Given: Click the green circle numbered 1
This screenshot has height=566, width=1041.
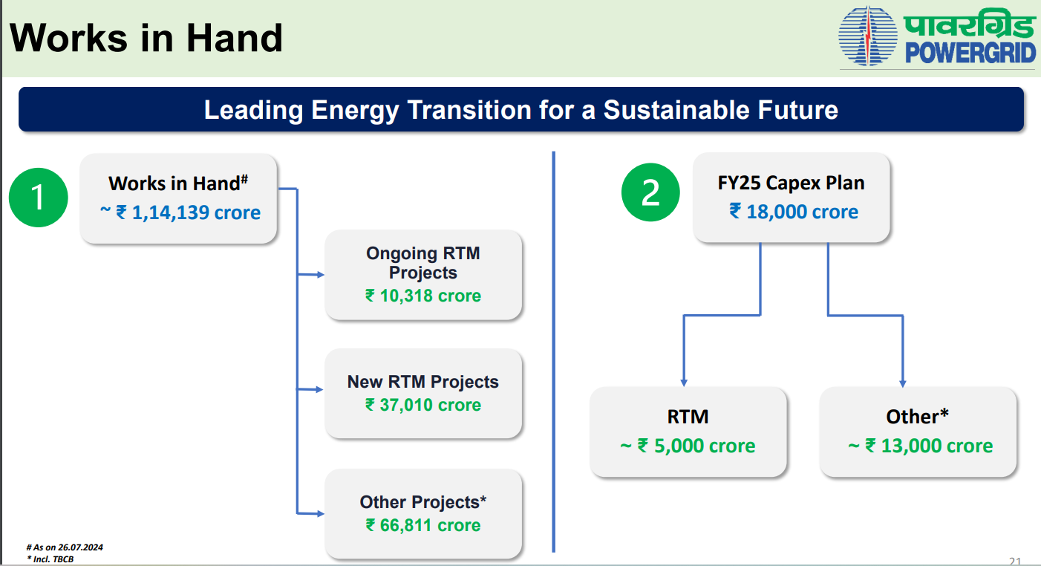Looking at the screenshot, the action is tap(39, 198).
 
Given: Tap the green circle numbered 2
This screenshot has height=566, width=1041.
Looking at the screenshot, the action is tap(650, 192).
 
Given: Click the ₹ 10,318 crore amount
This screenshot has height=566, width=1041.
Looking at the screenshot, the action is tap(423, 296).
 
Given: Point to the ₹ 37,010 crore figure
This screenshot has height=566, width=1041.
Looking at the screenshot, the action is tap(423, 405).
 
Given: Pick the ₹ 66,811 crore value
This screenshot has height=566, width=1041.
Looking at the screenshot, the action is tap(423, 526).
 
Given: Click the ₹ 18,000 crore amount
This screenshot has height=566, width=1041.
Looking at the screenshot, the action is tap(794, 212).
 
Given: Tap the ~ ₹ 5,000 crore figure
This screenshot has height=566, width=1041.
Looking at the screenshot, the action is tap(688, 446).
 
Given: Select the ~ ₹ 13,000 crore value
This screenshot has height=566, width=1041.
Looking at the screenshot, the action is tap(920, 446).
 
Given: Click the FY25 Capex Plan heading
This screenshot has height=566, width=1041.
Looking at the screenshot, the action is tap(791, 183).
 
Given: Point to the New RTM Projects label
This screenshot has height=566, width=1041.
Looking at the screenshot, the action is tap(423, 382).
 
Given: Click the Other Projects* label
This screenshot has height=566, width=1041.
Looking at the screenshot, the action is tap(423, 502).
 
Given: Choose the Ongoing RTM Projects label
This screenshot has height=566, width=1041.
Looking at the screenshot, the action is tap(423, 263).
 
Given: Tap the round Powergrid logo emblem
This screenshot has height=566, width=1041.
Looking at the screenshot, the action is tap(868, 36).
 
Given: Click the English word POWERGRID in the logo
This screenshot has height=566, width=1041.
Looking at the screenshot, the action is tap(970, 53).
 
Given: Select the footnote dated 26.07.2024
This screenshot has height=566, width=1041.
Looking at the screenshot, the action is tap(65, 547).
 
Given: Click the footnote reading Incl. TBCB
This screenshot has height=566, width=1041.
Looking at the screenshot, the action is tap(50, 559).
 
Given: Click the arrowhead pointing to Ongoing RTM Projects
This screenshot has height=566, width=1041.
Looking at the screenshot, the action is tap(321, 275).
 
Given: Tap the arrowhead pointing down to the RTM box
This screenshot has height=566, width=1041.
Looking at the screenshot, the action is tap(684, 383).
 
